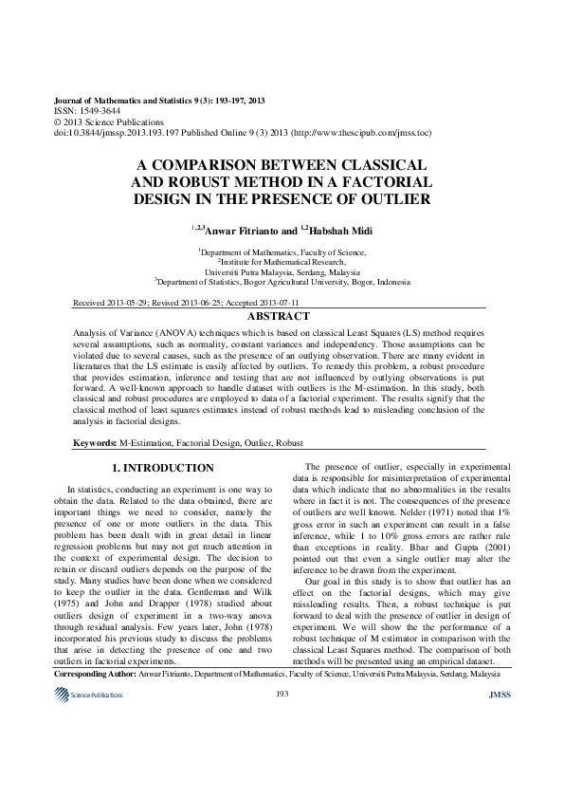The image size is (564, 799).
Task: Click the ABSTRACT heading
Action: pyautogui.click(x=278, y=316)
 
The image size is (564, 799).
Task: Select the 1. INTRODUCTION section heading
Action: pyautogui.click(x=163, y=468)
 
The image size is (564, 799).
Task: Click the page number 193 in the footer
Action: pyautogui.click(x=282, y=749)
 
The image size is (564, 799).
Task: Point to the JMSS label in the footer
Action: pyautogui.click(x=499, y=749)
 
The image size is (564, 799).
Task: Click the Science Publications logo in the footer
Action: pyautogui.click(x=90, y=749)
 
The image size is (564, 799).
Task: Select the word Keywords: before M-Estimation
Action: pyautogui.click(x=95, y=443)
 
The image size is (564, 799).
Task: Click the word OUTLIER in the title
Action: pyautogui.click(x=395, y=199)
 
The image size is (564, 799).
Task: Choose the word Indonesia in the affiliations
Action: pyautogui.click(x=393, y=282)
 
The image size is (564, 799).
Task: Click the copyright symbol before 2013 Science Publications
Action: pyautogui.click(x=57, y=122)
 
